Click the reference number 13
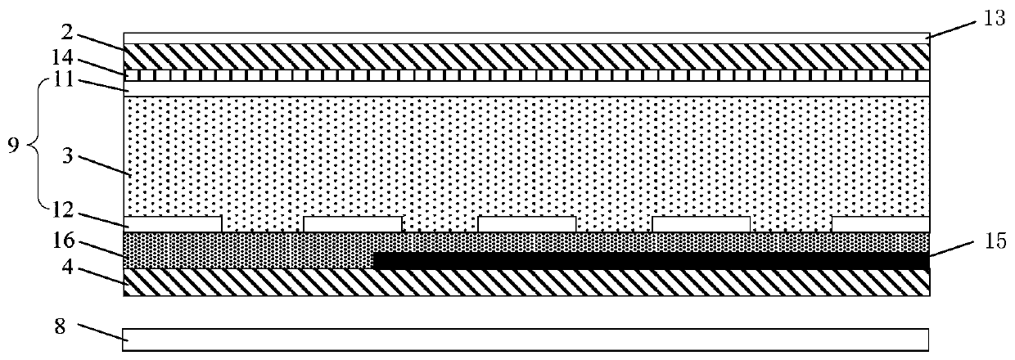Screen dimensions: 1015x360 pyautogui.click(x=994, y=19)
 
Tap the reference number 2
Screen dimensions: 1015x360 pyautogui.click(x=68, y=33)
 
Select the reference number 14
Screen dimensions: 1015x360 pyautogui.click(x=62, y=57)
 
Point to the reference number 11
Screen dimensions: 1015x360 pyautogui.click(x=62, y=79)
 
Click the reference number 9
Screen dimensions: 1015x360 pyautogui.click(x=14, y=146)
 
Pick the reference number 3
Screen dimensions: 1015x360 pyautogui.click(x=67, y=155)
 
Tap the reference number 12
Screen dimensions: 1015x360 pyautogui.click(x=62, y=210)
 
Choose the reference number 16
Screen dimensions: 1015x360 pyautogui.click(x=63, y=240)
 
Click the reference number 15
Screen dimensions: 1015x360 pyautogui.click(x=995, y=241)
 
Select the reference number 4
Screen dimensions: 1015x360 pyautogui.click(x=67, y=267)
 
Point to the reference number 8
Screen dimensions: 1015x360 pyautogui.click(x=61, y=326)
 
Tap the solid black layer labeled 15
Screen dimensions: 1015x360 pyautogui.click(x=651, y=260)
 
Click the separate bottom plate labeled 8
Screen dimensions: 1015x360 pyautogui.click(x=526, y=340)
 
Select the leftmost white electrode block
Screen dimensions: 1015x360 pyautogui.click(x=173, y=224)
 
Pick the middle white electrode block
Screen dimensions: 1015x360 pyautogui.click(x=527, y=224)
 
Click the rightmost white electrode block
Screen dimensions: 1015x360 pyautogui.click(x=881, y=224)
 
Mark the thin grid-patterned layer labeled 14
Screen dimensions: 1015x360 pyautogui.click(x=526, y=75)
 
